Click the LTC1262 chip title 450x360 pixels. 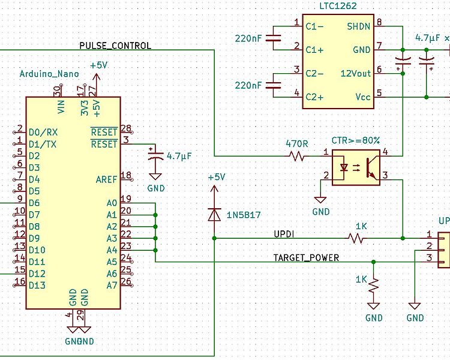coord(338,6)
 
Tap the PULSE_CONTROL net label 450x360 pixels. coord(115,46)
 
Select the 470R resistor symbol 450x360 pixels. coord(297,157)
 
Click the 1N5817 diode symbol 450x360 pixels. coord(214,214)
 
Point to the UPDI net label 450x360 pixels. coord(284,234)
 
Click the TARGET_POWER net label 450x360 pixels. coord(306,257)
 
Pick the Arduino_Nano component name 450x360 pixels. coord(49,74)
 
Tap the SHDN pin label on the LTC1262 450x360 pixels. coord(358,26)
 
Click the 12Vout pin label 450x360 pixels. coord(356,73)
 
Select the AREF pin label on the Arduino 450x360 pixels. coord(106,180)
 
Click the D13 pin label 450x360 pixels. coord(37,286)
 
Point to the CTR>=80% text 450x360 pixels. coord(356,140)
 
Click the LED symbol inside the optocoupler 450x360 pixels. coord(344,167)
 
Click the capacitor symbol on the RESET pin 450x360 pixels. coord(155,155)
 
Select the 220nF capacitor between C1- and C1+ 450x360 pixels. coord(273,38)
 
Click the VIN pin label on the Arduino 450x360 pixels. coord(61,107)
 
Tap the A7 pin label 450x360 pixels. coord(112,286)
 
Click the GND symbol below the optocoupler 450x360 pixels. coord(320,200)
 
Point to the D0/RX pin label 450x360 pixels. coord(43,133)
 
